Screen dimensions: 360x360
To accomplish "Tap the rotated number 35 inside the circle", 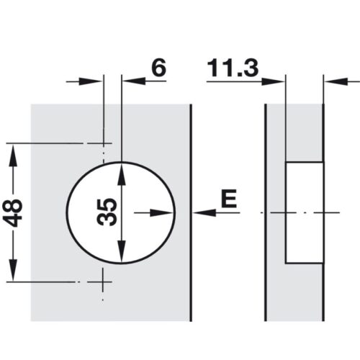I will coord(107,213).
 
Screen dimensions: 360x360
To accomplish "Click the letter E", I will coord(228,199).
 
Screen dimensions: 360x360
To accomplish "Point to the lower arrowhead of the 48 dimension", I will coord(12,274).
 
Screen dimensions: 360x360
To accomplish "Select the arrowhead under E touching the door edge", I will coord(199,212).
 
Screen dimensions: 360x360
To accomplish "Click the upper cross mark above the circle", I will coord(104,143).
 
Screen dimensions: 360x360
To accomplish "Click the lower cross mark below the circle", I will coord(104,280).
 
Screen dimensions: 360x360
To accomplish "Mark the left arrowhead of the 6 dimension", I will coord(98,81).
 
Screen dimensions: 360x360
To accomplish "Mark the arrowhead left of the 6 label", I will coord(129,81).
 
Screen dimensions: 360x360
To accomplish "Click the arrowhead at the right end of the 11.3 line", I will coord(279,81).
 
